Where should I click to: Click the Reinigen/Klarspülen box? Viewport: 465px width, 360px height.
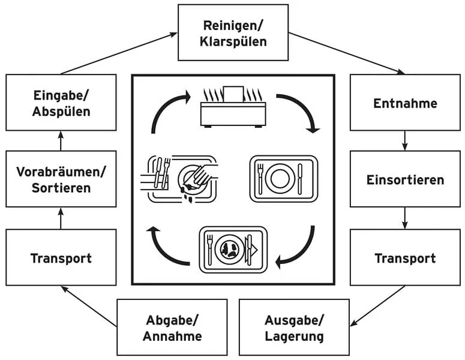coord(233,32)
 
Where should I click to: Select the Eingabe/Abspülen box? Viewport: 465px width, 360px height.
coord(61,103)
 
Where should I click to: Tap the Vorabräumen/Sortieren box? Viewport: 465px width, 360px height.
coord(61,179)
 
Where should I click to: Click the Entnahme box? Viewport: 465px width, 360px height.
coord(405,103)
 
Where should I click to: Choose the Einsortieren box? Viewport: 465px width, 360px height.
coord(405,179)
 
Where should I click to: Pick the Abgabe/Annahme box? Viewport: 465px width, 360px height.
coord(172,327)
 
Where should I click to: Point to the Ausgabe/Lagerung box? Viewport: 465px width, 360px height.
coord(294,327)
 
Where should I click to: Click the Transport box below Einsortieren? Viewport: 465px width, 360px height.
coord(405,257)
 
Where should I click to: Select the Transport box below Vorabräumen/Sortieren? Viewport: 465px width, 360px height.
coord(61,257)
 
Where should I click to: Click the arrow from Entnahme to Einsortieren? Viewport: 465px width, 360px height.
coord(405,140)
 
